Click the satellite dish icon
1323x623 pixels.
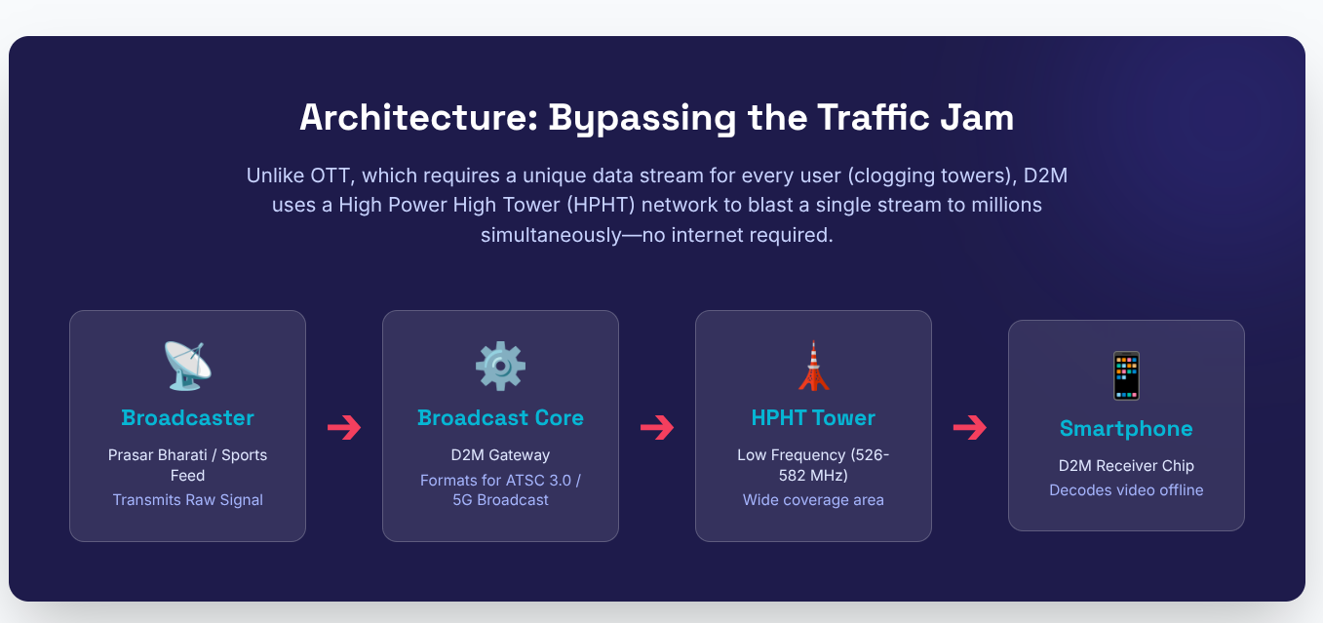(x=187, y=366)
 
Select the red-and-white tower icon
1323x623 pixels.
(x=813, y=366)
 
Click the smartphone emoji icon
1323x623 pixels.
(x=1126, y=376)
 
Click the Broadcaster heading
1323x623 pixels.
(x=187, y=418)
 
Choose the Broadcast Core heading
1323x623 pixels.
(x=500, y=418)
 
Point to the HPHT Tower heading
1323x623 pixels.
(x=813, y=418)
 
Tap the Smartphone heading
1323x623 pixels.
(x=1126, y=429)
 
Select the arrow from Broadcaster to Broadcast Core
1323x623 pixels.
(x=344, y=427)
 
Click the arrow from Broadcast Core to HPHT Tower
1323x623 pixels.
(x=657, y=427)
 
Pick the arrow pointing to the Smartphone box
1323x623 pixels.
(x=970, y=427)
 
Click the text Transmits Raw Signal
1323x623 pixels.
(x=187, y=500)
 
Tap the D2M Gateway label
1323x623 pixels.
(x=500, y=455)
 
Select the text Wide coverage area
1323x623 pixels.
(x=813, y=500)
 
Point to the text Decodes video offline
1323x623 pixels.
(x=1126, y=490)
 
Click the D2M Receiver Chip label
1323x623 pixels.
(x=1126, y=466)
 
